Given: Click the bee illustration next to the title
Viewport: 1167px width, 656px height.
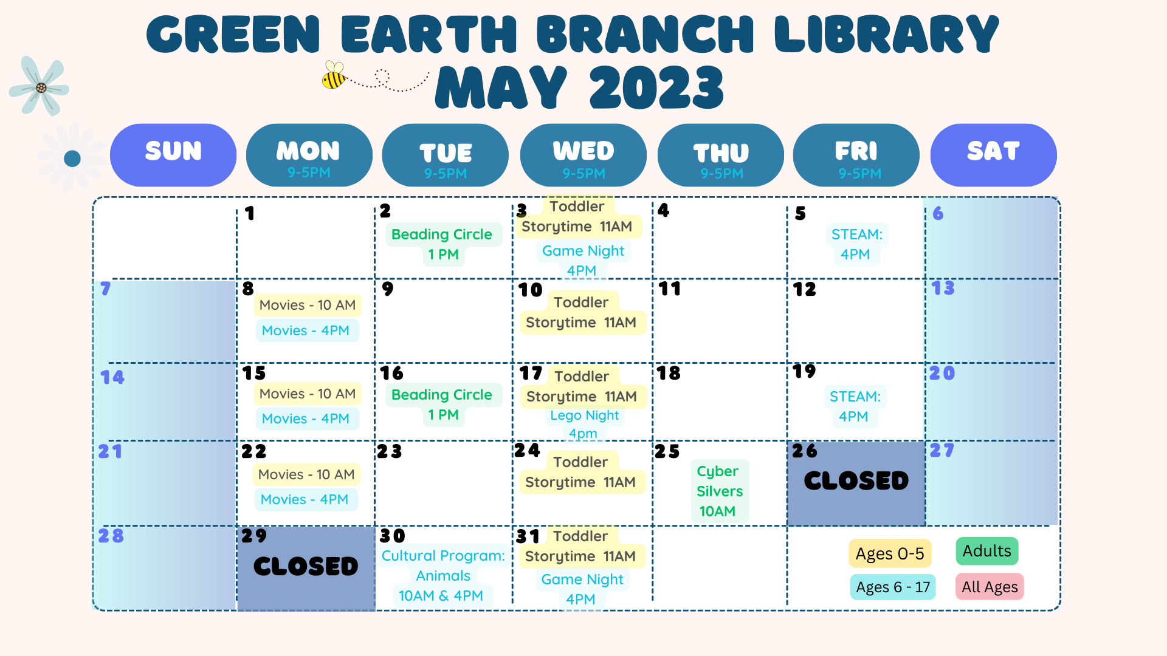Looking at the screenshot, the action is (334, 75).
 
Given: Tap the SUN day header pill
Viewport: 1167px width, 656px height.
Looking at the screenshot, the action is (173, 155).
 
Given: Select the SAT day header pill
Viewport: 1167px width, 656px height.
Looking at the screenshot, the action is (993, 155).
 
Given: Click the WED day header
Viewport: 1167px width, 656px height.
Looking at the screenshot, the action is (583, 155).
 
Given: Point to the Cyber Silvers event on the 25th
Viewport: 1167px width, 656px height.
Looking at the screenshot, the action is (719, 491).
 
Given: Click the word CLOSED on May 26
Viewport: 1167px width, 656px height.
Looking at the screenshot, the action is (856, 481).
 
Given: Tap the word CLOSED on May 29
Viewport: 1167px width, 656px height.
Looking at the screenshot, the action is (306, 566).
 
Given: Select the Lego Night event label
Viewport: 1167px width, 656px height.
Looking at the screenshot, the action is (584, 424).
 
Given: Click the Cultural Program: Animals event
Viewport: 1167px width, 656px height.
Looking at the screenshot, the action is (443, 575).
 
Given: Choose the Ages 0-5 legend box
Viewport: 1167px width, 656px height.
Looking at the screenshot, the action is (890, 553).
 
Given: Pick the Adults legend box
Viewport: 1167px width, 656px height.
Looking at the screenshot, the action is (987, 551).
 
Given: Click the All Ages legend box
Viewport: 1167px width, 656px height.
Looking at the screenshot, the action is (990, 587).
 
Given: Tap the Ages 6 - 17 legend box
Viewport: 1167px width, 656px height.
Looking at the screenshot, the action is (893, 587).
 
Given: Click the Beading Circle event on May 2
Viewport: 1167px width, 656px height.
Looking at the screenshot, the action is (442, 244).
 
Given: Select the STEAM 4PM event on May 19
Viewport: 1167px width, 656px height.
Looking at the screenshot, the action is (855, 406).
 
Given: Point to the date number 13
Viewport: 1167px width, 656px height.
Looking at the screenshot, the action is (943, 288).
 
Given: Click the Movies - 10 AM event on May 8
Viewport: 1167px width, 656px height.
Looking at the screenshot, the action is (308, 305).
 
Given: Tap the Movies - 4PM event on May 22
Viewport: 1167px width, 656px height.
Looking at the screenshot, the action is (305, 499).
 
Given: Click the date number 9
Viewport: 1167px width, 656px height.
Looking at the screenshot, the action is (388, 289).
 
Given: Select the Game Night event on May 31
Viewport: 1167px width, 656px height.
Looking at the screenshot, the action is (582, 589).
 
